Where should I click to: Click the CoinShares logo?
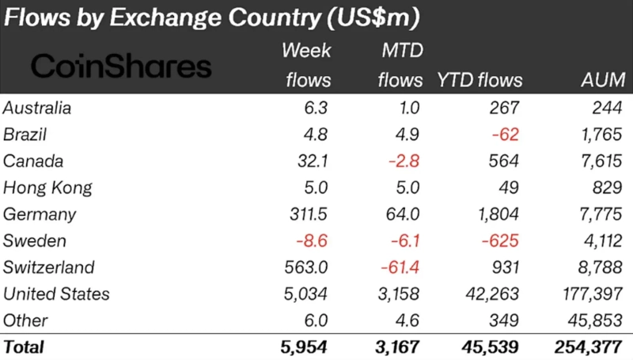coord(121,66)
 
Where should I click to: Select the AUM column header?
coord(602,80)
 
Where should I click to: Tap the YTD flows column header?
coord(479,80)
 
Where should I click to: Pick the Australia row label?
coord(37,108)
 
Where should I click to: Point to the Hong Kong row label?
coord(47,188)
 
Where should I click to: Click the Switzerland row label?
coord(49,267)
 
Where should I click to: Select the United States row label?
coord(56,294)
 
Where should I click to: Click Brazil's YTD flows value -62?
coord(505,135)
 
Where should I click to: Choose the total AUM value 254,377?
coord(589,347)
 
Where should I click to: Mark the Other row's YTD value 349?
coord(506,320)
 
